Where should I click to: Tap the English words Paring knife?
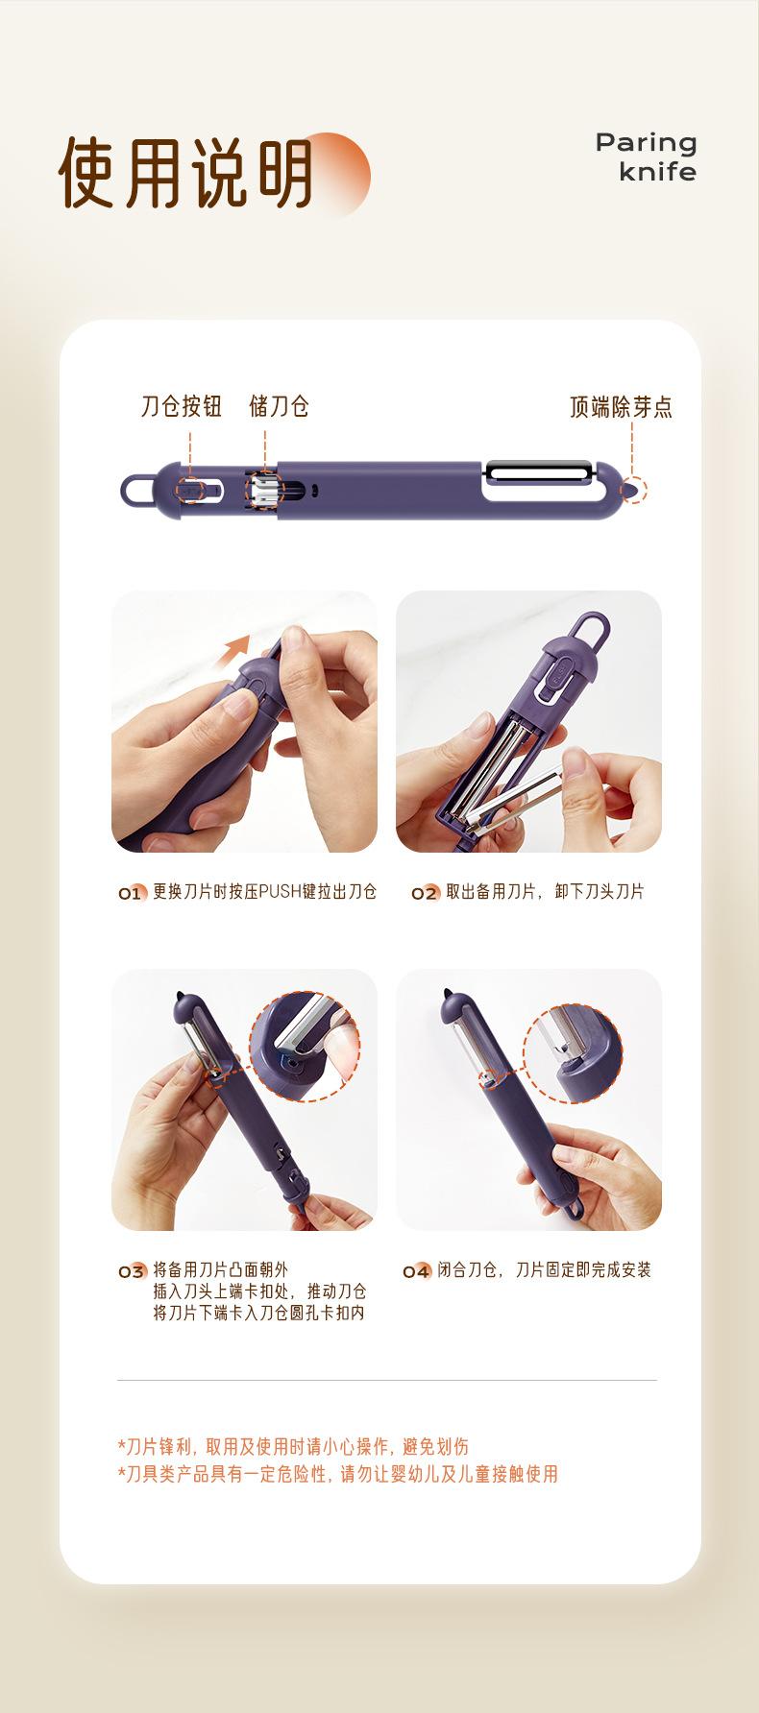click(x=646, y=157)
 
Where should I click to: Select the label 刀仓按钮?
click(x=182, y=406)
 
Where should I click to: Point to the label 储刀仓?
click(x=279, y=406)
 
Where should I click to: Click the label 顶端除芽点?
click(x=621, y=407)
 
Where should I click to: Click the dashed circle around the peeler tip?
click(x=633, y=490)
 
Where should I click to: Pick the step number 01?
click(x=131, y=894)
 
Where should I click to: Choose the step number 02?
click(x=425, y=894)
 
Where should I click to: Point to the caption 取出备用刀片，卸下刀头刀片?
click(x=545, y=892)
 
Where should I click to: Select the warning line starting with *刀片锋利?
click(x=293, y=1447)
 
